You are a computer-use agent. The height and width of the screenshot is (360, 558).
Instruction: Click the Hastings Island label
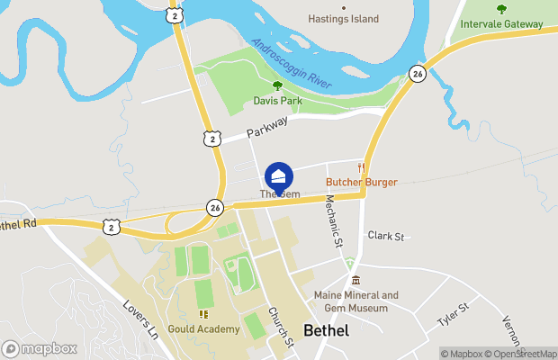(344, 19)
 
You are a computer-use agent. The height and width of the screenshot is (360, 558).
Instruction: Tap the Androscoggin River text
(292, 63)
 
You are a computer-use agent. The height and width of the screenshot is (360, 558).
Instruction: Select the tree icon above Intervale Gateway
(501, 10)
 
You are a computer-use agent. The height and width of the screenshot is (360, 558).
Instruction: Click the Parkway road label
(269, 128)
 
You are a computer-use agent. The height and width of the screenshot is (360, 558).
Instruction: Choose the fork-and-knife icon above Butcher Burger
(361, 167)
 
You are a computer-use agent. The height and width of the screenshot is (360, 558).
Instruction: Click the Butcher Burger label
(361, 182)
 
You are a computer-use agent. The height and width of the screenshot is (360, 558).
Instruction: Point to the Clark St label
(387, 236)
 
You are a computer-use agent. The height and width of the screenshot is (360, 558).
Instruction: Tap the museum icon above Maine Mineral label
(356, 281)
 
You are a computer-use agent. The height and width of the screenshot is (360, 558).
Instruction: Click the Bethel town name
(326, 330)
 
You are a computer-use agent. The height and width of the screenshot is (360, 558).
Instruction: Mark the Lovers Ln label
(142, 318)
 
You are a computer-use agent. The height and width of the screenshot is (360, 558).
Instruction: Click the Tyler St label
(453, 315)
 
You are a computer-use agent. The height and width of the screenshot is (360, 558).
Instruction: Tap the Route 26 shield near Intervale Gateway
(417, 73)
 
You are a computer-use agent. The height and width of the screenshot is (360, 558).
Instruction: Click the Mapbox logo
(40, 348)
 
